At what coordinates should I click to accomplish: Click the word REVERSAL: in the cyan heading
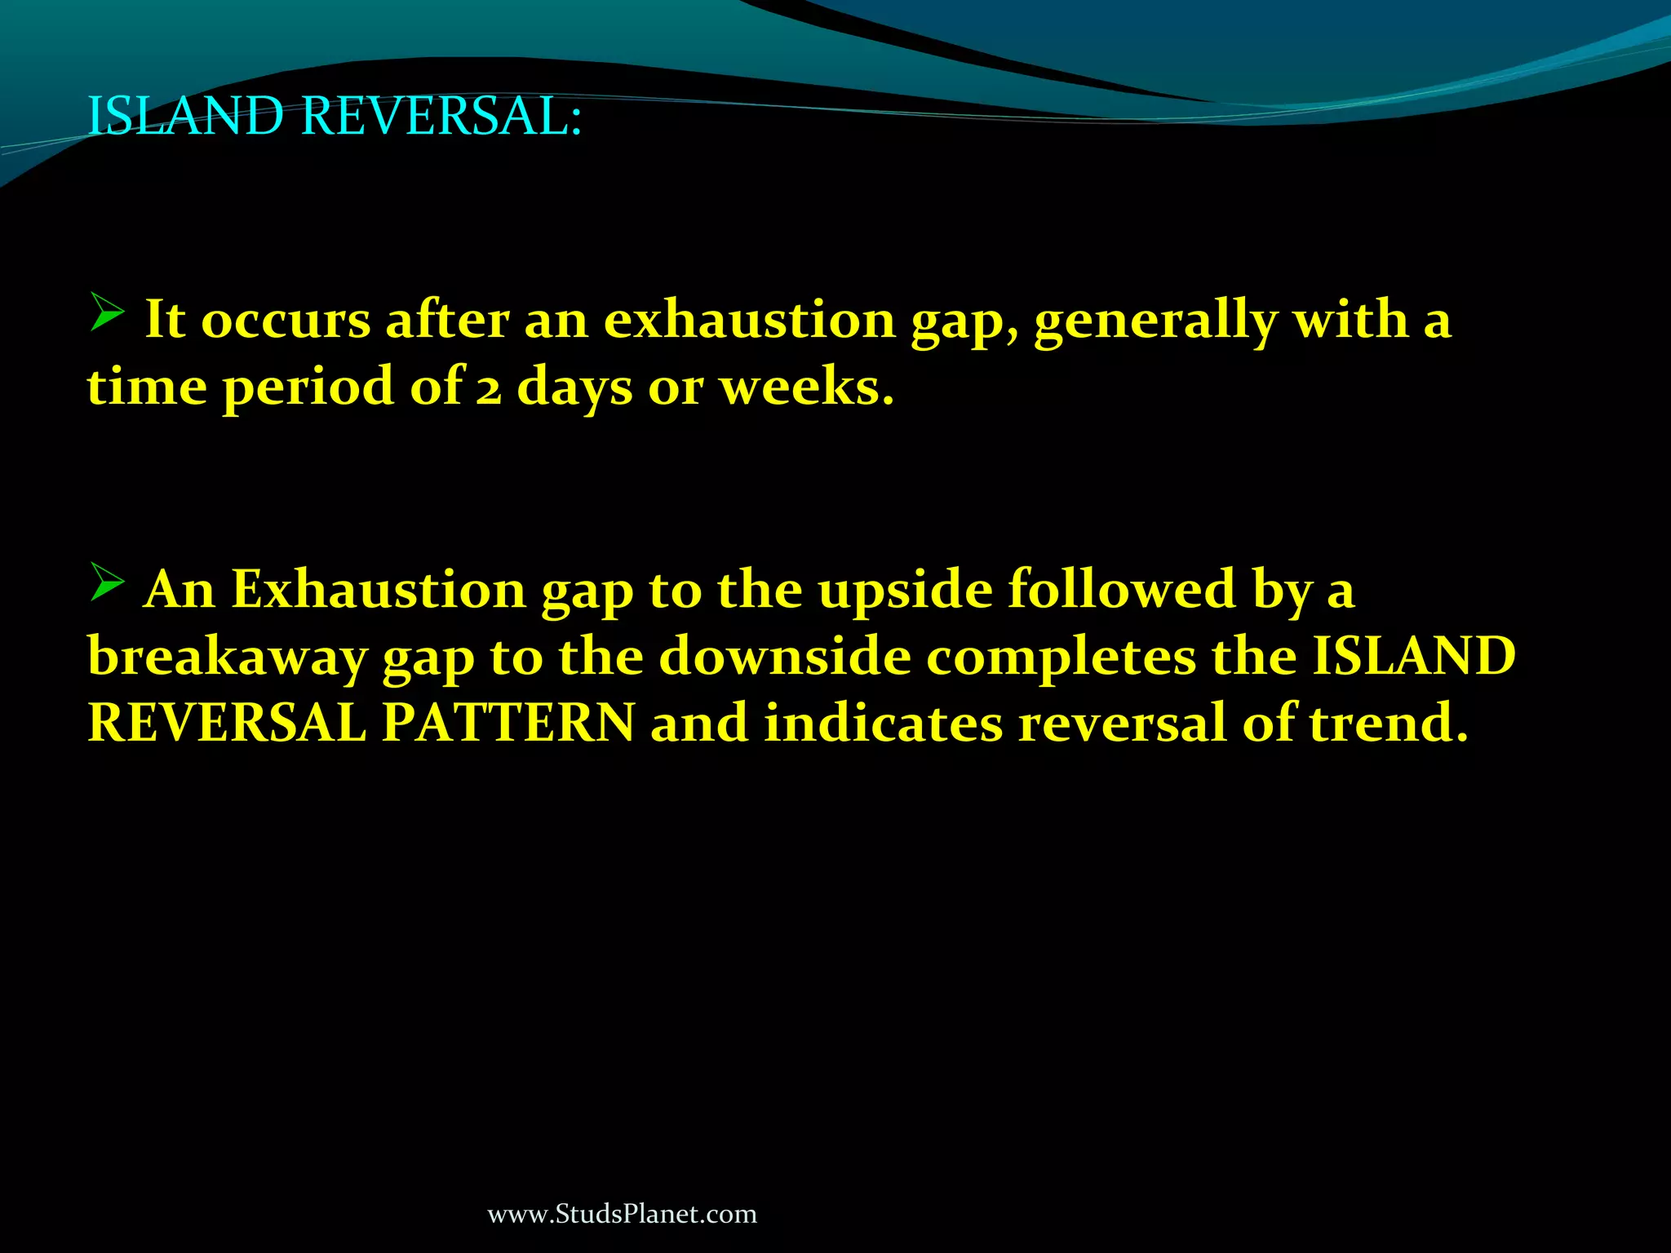coord(441,116)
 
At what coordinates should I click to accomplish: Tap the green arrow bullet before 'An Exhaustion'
coord(106,582)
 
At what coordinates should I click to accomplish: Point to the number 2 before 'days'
coord(489,388)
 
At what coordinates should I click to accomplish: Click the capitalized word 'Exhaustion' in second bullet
coord(379,589)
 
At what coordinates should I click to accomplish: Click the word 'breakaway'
coord(227,657)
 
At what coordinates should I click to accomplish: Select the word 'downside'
coord(785,657)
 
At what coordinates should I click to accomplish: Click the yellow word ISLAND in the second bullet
coord(1413,657)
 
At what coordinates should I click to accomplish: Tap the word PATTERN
coord(508,724)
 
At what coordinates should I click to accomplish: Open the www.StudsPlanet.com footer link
coord(622,1214)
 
